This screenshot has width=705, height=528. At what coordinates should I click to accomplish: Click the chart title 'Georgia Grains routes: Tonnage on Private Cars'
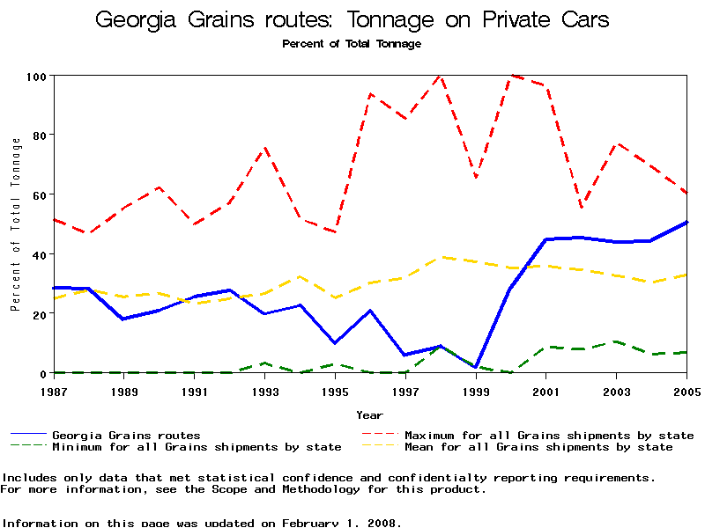pyautogui.click(x=352, y=19)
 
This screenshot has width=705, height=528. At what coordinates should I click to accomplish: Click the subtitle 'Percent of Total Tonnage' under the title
pyautogui.click(x=352, y=43)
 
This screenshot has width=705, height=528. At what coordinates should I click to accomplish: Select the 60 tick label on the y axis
pyautogui.click(x=39, y=194)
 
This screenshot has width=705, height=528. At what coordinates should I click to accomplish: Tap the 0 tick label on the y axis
pyautogui.click(x=42, y=373)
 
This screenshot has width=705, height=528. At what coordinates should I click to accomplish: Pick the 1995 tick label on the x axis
pyautogui.click(x=335, y=391)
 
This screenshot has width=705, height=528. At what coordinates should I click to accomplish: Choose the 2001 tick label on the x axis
pyautogui.click(x=546, y=391)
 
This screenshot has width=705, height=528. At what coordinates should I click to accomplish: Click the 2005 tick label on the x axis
pyautogui.click(x=686, y=391)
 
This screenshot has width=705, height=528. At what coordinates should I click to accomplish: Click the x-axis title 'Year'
pyautogui.click(x=369, y=414)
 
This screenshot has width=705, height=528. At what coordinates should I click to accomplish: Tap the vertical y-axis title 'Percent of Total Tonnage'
pyautogui.click(x=15, y=224)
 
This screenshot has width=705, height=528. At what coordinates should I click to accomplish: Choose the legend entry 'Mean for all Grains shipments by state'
pyautogui.click(x=538, y=447)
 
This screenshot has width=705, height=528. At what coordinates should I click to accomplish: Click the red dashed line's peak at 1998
pyautogui.click(x=440, y=76)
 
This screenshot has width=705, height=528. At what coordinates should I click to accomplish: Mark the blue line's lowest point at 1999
pyautogui.click(x=476, y=367)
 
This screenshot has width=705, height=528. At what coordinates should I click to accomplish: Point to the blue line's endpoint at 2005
pyautogui.click(x=686, y=223)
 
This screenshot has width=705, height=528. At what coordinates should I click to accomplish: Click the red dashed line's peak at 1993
pyautogui.click(x=264, y=148)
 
